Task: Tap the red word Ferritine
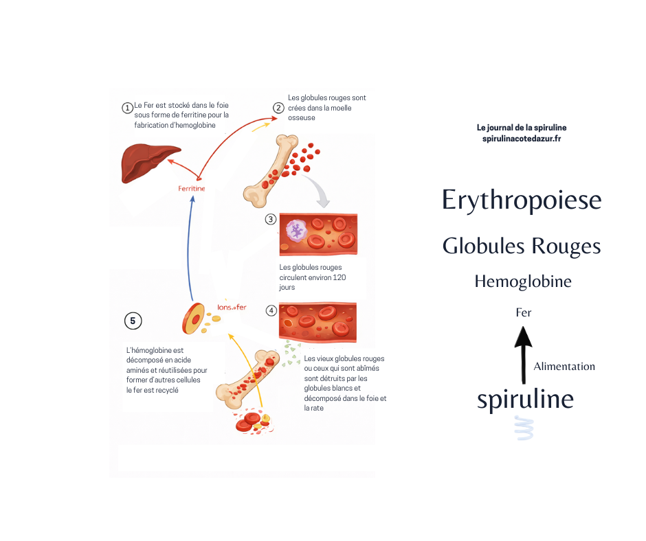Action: click(x=191, y=188)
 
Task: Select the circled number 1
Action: click(x=127, y=108)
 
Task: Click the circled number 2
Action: click(x=278, y=108)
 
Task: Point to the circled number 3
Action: click(x=271, y=220)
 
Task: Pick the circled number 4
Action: click(x=271, y=310)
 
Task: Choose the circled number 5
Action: click(x=133, y=321)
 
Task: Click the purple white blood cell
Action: click(x=297, y=230)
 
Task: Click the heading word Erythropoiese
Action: click(x=522, y=200)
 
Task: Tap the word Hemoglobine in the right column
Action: click(x=522, y=281)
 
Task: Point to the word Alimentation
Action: click(x=564, y=367)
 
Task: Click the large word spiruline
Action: click(x=525, y=399)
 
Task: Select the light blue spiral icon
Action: click(x=524, y=427)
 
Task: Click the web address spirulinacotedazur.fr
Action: click(x=522, y=139)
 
